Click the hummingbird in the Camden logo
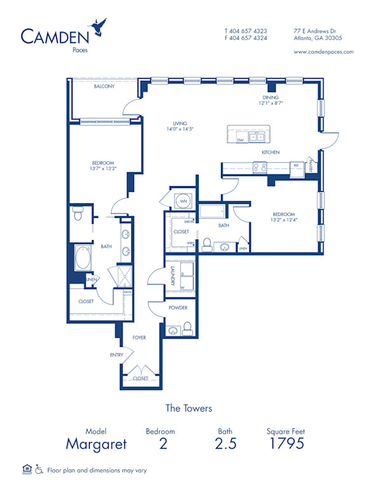[98, 27]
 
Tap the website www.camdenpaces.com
[324, 52]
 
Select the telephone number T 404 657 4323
[246, 30]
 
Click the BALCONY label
[104, 86]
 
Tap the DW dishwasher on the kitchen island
[240, 140]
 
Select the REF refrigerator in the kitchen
[295, 165]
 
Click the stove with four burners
[260, 168]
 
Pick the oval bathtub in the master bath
[84, 258]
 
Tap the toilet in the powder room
[187, 328]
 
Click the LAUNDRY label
[173, 274]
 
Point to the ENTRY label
[117, 355]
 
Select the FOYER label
[139, 338]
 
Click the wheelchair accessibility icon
[39, 469]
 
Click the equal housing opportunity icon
[27, 469]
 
